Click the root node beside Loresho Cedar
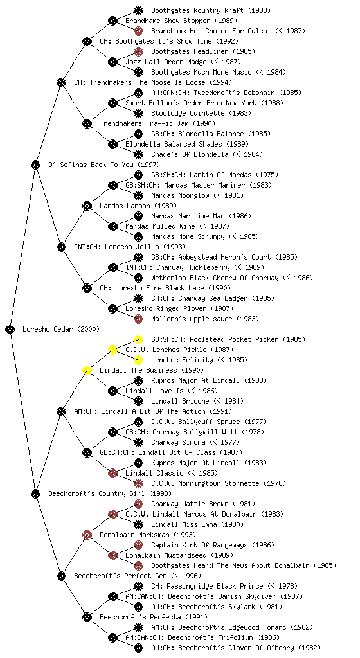10,329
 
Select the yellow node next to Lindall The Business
87,370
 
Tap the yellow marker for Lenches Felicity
138,360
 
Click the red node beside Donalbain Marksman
87,535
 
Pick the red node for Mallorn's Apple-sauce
138,319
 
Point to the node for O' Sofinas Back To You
35,164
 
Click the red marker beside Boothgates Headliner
138,51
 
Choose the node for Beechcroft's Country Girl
35,493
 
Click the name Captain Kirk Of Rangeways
199,545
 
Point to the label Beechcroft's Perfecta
141,617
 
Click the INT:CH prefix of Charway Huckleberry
139,267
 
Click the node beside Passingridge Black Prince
138,586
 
